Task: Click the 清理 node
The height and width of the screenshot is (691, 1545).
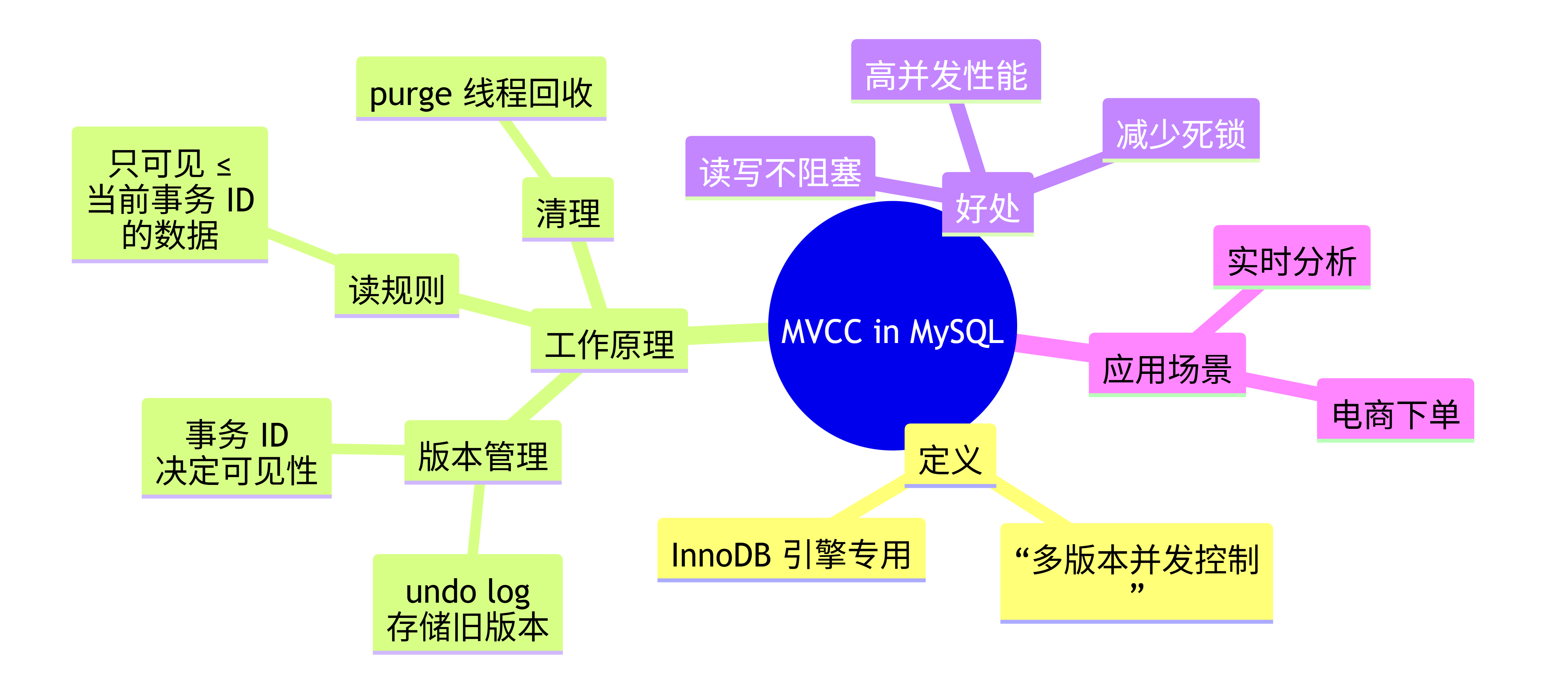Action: click(x=568, y=210)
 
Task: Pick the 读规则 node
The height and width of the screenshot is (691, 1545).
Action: click(x=396, y=286)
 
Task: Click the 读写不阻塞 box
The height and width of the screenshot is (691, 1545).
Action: click(x=780, y=169)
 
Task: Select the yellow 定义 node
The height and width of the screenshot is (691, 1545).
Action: click(x=950, y=456)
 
